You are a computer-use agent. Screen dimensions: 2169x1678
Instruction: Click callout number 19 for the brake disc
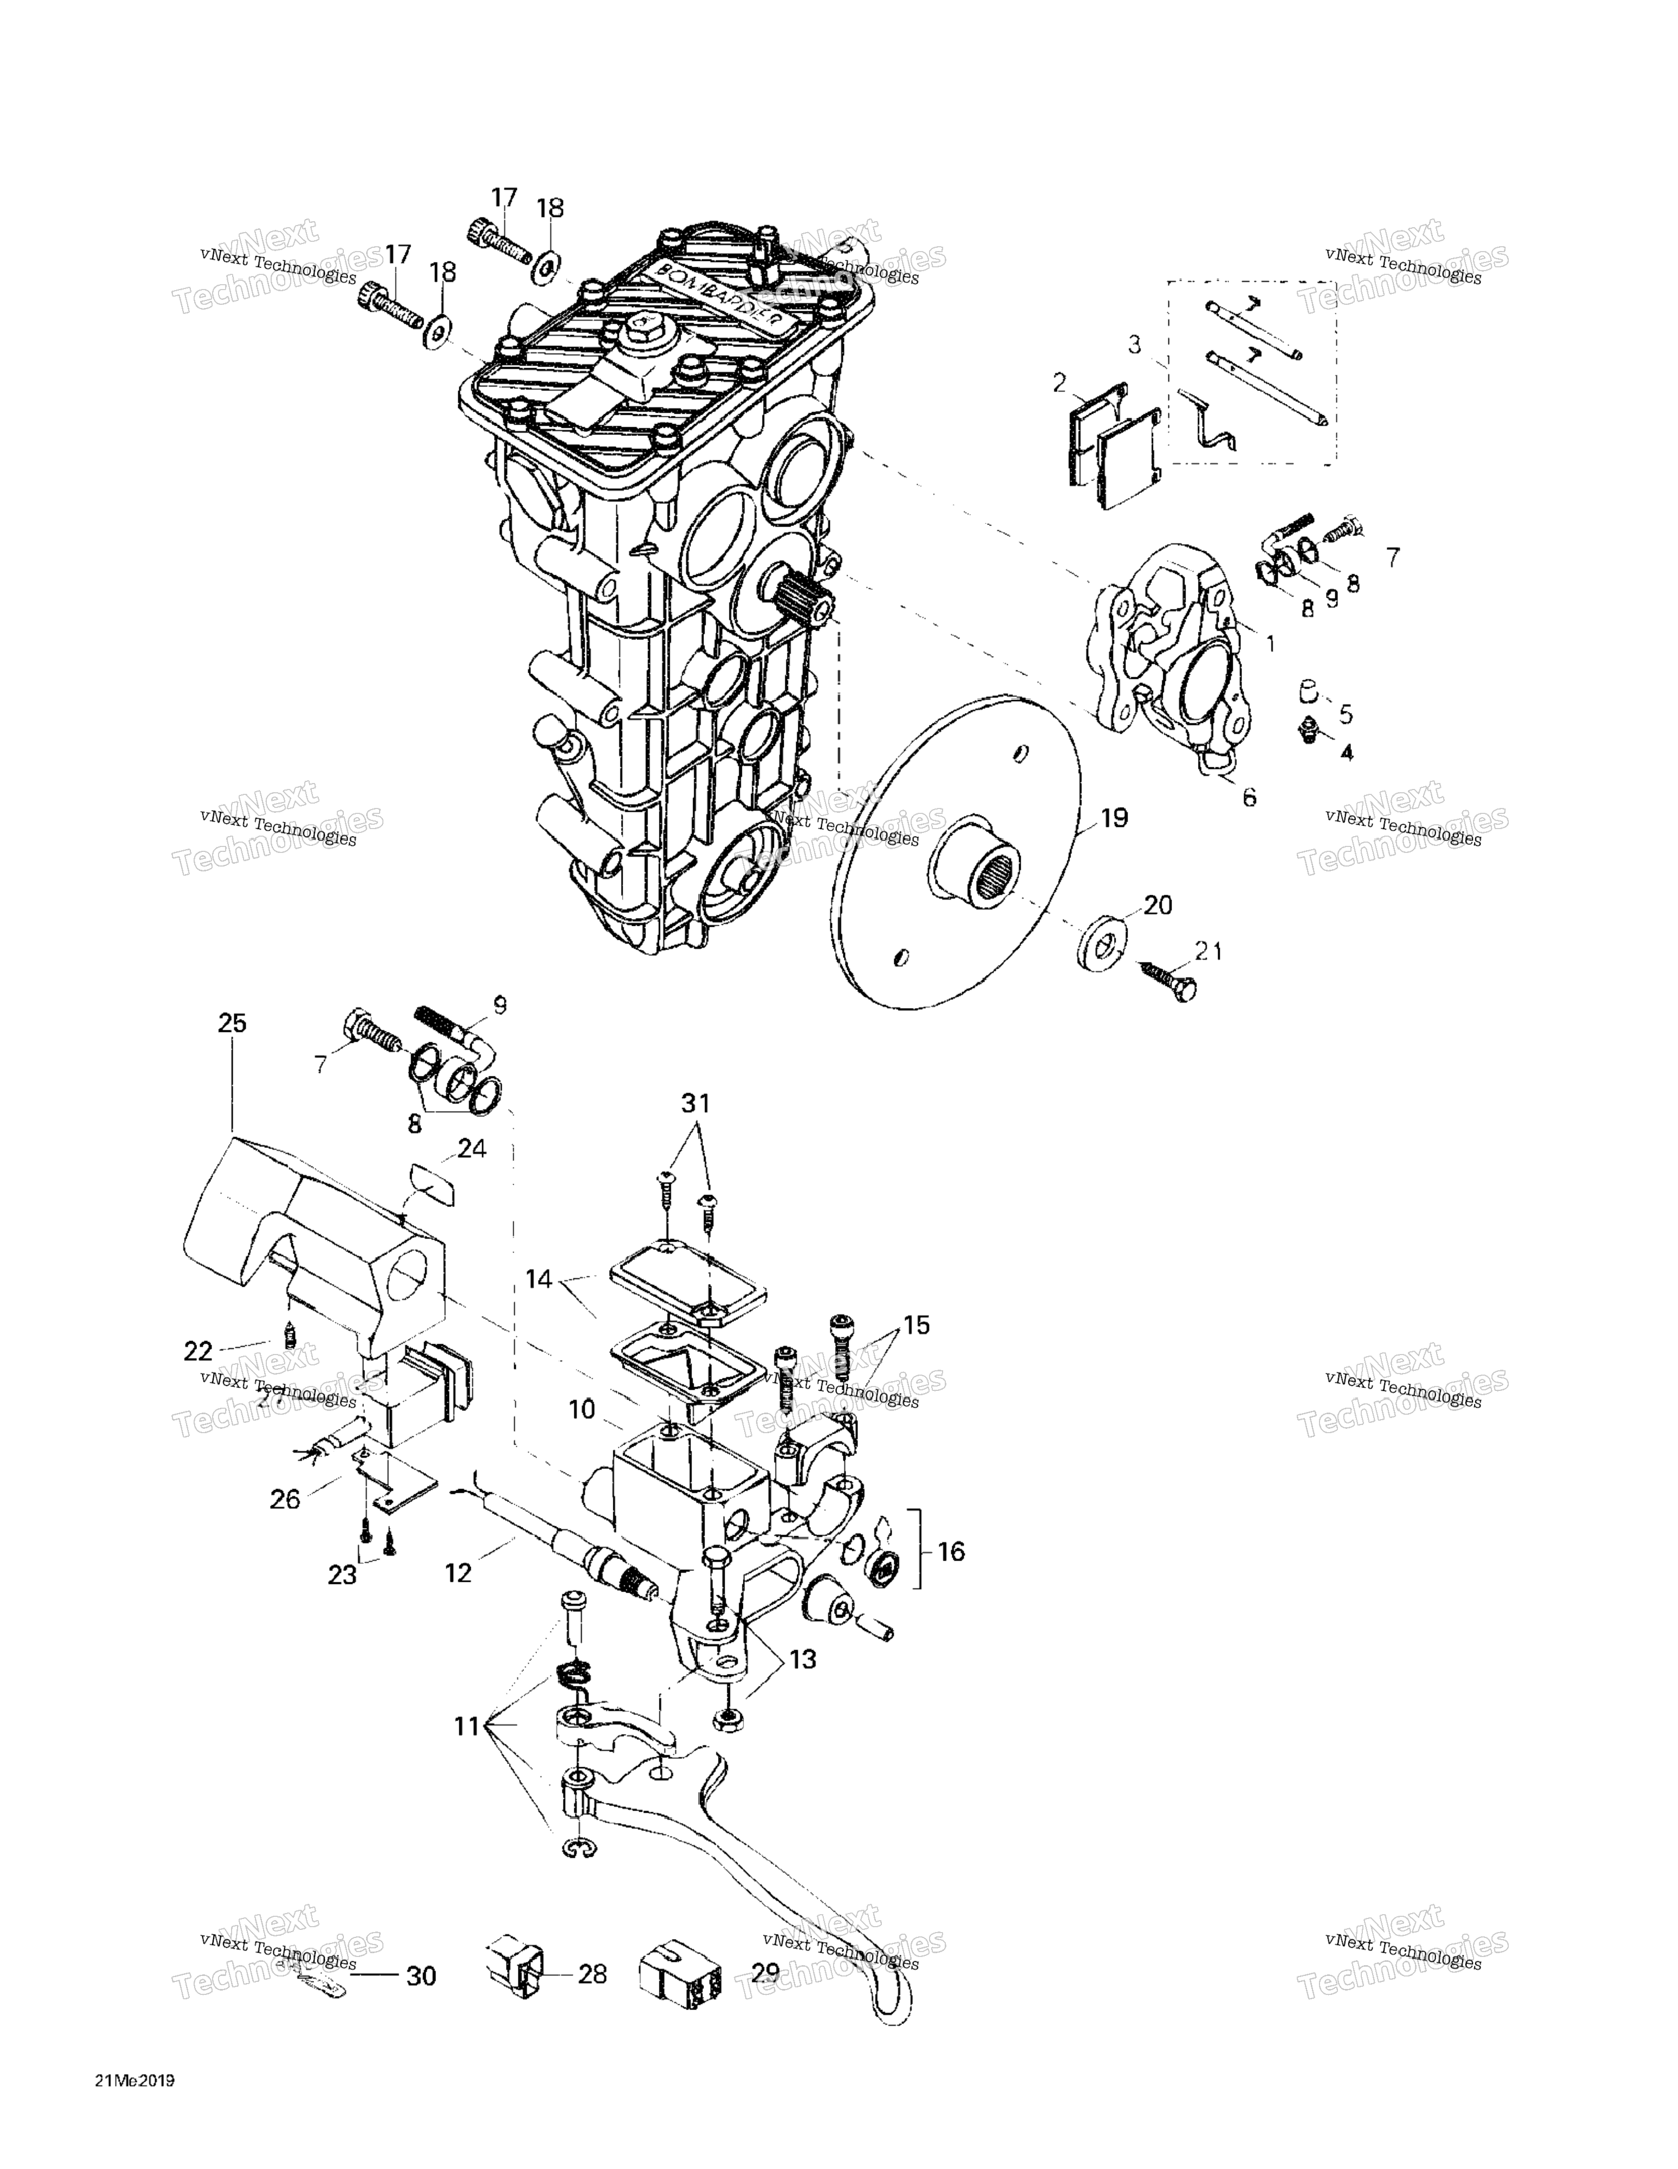tap(1114, 818)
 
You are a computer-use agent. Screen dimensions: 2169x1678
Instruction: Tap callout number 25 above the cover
tap(232, 1023)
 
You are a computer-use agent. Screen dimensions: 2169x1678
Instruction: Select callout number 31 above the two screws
tap(695, 1102)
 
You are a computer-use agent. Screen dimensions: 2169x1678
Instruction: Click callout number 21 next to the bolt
tap(1208, 952)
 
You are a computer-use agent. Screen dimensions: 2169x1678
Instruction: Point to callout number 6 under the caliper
tap(1249, 797)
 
